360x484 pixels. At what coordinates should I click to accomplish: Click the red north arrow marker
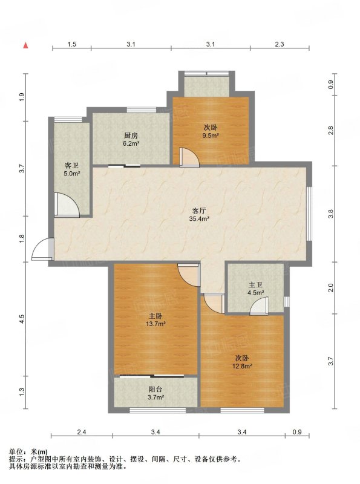[26, 45]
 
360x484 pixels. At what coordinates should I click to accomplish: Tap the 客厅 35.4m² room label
[199, 215]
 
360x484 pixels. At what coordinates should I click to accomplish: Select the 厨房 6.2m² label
[131, 139]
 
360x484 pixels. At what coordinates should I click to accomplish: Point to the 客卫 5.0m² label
[71, 169]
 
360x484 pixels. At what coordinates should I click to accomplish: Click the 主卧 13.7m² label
[156, 320]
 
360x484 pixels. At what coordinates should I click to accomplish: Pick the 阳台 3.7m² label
[155, 393]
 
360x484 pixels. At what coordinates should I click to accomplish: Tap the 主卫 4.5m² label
[255, 289]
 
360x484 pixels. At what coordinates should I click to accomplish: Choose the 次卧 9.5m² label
[211, 131]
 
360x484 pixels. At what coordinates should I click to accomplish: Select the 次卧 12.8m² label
[242, 362]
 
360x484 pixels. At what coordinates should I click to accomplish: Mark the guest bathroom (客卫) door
[67, 204]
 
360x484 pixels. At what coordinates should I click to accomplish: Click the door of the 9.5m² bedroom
[189, 157]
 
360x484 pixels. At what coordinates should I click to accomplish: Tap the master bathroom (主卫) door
[259, 306]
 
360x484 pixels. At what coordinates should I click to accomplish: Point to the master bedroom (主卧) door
[189, 275]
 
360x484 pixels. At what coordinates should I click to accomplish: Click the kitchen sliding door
[124, 166]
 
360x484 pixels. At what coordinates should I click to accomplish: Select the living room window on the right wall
[309, 214]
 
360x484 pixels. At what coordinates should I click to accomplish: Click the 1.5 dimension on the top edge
[71, 44]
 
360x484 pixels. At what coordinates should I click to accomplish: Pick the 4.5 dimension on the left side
[22, 319]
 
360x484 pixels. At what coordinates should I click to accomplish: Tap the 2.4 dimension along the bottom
[82, 432]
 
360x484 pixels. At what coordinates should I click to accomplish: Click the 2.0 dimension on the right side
[331, 288]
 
